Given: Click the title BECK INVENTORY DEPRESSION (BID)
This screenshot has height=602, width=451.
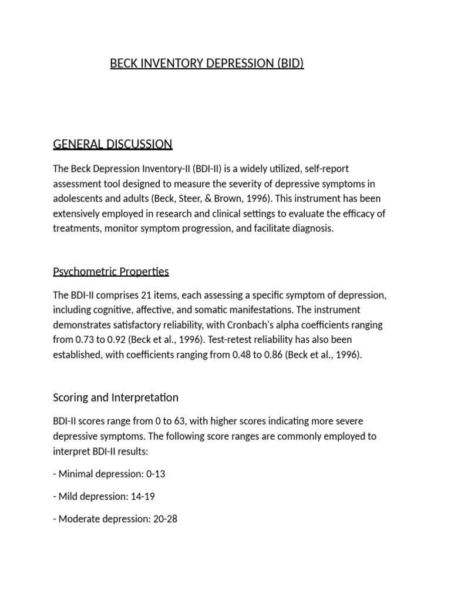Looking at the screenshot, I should [207, 63].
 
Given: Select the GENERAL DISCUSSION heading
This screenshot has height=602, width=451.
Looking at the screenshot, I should [113, 144].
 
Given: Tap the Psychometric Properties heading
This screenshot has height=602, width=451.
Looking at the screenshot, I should [111, 272].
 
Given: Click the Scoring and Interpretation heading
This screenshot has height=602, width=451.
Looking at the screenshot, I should [116, 397].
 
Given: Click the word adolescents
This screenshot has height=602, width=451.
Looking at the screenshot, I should [81, 199].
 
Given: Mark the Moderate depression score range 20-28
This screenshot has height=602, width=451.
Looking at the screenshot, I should [165, 520].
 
